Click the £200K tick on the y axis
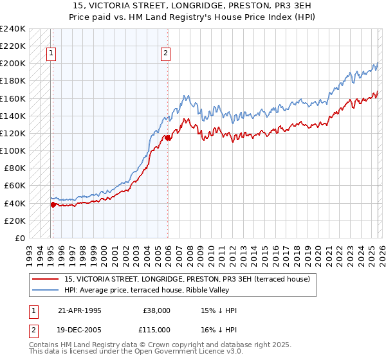[x=12, y=64]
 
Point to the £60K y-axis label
[x=14, y=186]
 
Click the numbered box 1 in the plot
[x=51, y=54]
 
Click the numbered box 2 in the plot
[x=166, y=54]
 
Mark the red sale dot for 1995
[x=53, y=204]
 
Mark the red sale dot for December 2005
[x=167, y=138]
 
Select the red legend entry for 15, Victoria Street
[x=187, y=279]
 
